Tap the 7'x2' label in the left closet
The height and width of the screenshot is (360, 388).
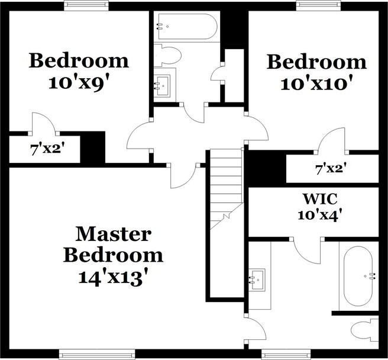47,148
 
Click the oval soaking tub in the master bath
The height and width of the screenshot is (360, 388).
357,275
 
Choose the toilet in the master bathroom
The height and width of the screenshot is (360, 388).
364,329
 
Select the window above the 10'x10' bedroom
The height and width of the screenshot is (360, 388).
320,5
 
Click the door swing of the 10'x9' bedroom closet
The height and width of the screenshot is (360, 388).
43,123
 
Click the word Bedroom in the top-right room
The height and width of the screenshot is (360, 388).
316,62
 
